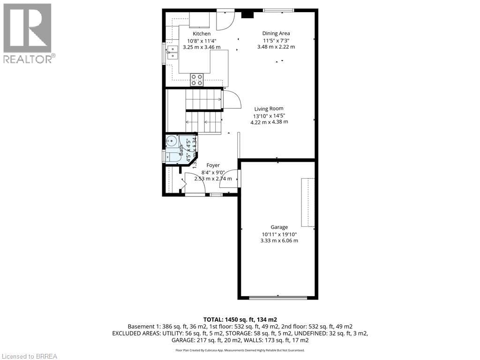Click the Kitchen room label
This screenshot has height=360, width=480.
coord(202,34)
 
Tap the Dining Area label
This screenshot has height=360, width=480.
coord(276,33)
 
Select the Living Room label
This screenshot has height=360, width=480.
coord(269,108)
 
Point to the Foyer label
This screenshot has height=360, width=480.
coord(213,165)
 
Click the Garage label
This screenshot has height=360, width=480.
coord(279,227)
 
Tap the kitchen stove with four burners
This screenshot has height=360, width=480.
coord(197,80)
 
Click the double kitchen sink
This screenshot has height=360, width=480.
coord(172,51)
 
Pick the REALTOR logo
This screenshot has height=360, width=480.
coord(28,33)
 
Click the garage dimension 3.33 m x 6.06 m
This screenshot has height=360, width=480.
coord(279,240)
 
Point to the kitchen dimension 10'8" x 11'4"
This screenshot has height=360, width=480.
coord(202,40)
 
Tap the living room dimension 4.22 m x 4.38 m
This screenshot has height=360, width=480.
coord(269,122)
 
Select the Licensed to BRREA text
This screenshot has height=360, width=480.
coord(29,356)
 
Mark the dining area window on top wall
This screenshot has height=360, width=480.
coord(278,10)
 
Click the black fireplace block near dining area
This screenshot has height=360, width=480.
coord(247,14)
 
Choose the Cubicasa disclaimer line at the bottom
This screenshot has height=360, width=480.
coord(240,350)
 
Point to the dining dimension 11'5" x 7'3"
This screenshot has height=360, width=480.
coord(276,40)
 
